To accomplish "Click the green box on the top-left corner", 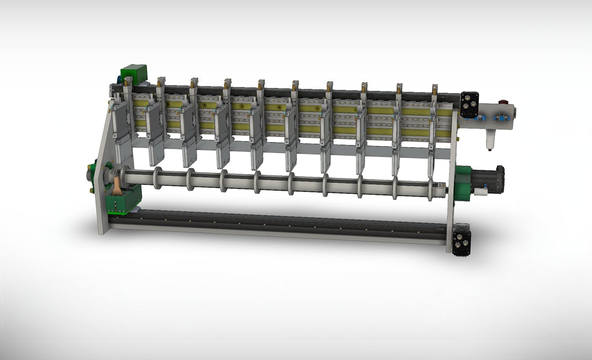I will coord(134,73).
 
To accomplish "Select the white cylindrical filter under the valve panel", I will coord(490,140).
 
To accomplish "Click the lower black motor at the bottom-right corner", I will coord(461,240).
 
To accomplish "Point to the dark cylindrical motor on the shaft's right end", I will coord(488,179).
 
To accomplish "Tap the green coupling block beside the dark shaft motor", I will coord(463,183).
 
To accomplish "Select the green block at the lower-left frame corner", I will coord(123,201).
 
